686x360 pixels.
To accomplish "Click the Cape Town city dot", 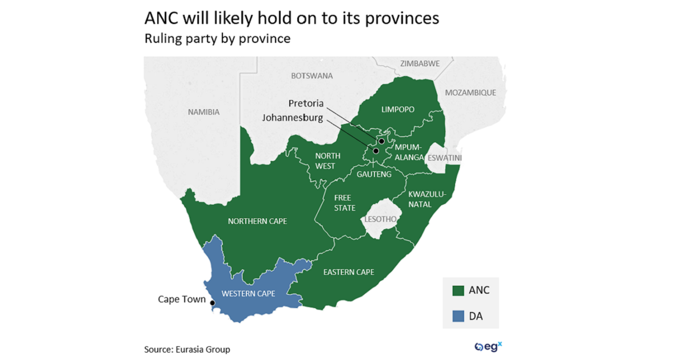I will click(212, 303).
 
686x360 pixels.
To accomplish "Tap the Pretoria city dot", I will click(381, 141).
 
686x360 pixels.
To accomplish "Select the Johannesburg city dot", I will click(376, 151).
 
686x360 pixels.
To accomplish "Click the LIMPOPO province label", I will click(397, 109).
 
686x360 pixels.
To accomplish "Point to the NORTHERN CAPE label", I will click(257, 221).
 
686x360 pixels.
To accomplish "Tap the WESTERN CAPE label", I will click(248, 294).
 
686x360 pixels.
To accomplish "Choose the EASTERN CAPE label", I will click(349, 272).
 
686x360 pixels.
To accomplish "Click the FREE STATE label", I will click(345, 203).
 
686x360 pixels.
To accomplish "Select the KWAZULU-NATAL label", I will click(426, 198).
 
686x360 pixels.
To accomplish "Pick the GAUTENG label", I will click(374, 174).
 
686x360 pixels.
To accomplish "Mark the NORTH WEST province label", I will click(328, 161).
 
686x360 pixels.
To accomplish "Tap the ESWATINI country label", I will click(445, 157).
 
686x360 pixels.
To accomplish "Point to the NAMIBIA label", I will click(204, 112).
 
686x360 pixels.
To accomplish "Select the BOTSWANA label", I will click(312, 75).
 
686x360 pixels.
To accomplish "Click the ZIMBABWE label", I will click(420, 63).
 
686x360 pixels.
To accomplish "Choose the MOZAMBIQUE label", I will click(470, 93).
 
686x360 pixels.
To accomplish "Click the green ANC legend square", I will click(457, 290).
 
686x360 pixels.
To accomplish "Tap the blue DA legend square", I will click(457, 315).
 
